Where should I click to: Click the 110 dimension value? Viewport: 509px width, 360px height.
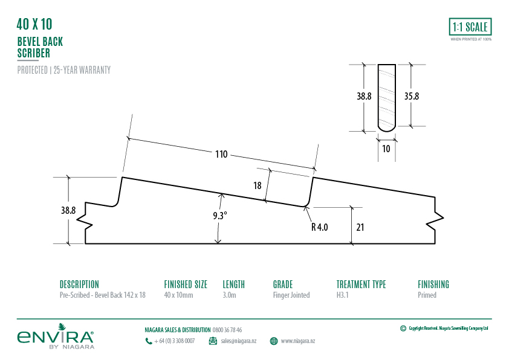[221, 155]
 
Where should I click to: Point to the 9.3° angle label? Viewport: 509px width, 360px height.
[219, 215]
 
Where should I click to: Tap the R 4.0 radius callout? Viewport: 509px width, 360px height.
[319, 227]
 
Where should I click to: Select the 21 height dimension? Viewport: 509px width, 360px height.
[360, 227]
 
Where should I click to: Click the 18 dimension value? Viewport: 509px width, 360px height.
[258, 186]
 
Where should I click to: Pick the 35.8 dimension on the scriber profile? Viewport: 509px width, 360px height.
[412, 96]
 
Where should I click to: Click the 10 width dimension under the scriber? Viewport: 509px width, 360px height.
[386, 148]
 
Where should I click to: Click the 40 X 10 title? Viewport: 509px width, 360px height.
[34, 25]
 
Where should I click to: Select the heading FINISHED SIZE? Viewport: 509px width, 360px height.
[186, 284]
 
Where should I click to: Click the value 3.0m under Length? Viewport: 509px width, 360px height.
[230, 295]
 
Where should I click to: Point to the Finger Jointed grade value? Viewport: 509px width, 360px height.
[291, 295]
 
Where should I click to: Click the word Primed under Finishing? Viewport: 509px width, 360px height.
[427, 295]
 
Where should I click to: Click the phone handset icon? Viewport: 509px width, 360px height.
[149, 341]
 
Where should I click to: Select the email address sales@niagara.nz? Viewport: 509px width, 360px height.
[239, 341]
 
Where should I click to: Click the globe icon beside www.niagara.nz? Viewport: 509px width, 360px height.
[274, 341]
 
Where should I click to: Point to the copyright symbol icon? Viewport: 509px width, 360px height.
[403, 329]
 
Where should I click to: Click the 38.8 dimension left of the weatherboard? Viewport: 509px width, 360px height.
[68, 211]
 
